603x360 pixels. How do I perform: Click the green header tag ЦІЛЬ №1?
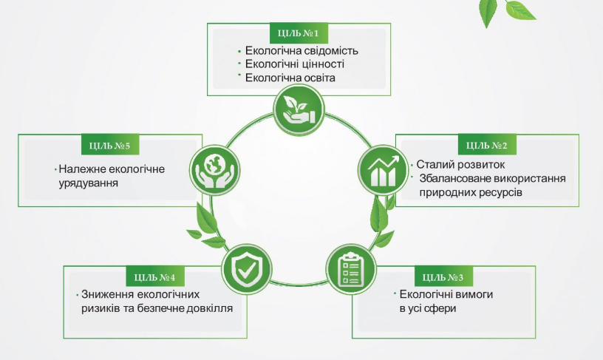tap(299, 33)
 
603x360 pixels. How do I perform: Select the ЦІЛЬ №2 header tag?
tap(487, 146)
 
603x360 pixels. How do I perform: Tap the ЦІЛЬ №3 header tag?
tap(443, 277)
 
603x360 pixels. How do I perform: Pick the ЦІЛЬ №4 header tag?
tap(155, 277)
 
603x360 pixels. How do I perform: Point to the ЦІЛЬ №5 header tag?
tap(110, 146)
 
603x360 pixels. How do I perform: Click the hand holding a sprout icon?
tap(299, 110)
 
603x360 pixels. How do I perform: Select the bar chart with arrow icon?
tap(383, 170)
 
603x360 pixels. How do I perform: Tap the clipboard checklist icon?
tap(350, 269)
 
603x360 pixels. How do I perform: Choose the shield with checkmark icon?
tap(247, 269)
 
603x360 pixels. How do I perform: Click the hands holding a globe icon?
tap(214, 170)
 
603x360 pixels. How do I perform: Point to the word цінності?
tap(321, 64)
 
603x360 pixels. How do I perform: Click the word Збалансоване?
tap(454, 178)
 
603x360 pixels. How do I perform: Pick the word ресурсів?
tap(498, 192)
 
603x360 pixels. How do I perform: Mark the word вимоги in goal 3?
tap(475, 295)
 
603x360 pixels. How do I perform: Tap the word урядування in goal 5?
tap(89, 183)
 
